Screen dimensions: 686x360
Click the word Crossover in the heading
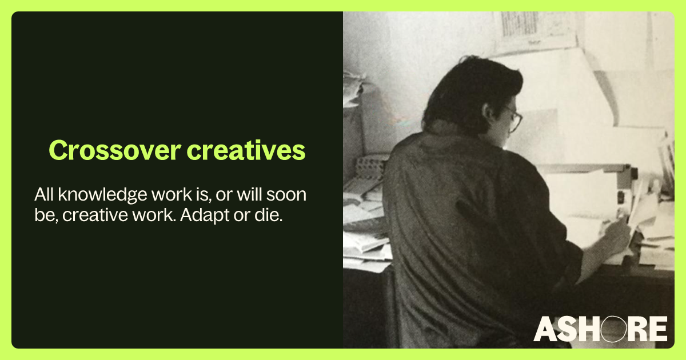point(115,150)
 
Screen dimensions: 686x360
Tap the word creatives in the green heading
point(246,150)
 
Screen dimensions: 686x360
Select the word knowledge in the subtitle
point(102,195)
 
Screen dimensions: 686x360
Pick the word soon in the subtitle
point(286,195)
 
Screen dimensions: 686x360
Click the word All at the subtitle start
point(45,194)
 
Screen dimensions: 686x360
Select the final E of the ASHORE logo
point(659,329)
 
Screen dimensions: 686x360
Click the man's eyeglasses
point(514,119)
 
